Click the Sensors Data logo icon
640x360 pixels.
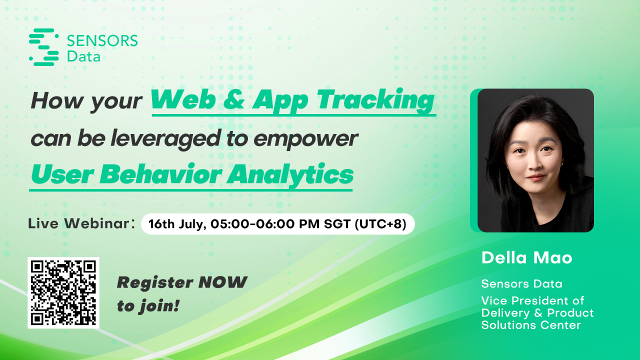(44, 47)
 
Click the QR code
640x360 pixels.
(63, 292)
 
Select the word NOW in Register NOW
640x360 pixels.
(222, 282)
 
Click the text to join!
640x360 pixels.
(148, 305)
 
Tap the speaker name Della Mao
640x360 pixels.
(526, 258)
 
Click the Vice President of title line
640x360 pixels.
(532, 301)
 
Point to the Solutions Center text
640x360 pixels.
(531, 325)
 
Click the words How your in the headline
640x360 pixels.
(86, 101)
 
